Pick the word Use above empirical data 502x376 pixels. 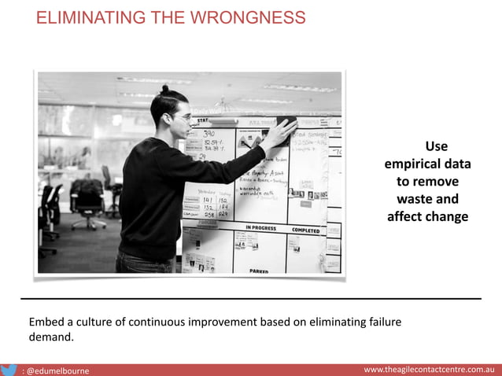click(436, 146)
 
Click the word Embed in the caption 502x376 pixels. click(46, 323)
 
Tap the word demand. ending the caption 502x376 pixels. click(50, 337)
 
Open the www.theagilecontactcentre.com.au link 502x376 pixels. click(428, 369)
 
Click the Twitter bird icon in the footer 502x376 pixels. click(9, 369)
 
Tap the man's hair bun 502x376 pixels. click(165, 89)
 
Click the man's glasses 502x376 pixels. click(183, 117)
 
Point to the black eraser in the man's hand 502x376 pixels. click(286, 122)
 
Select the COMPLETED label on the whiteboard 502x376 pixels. click(305, 230)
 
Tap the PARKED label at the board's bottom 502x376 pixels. click(260, 270)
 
